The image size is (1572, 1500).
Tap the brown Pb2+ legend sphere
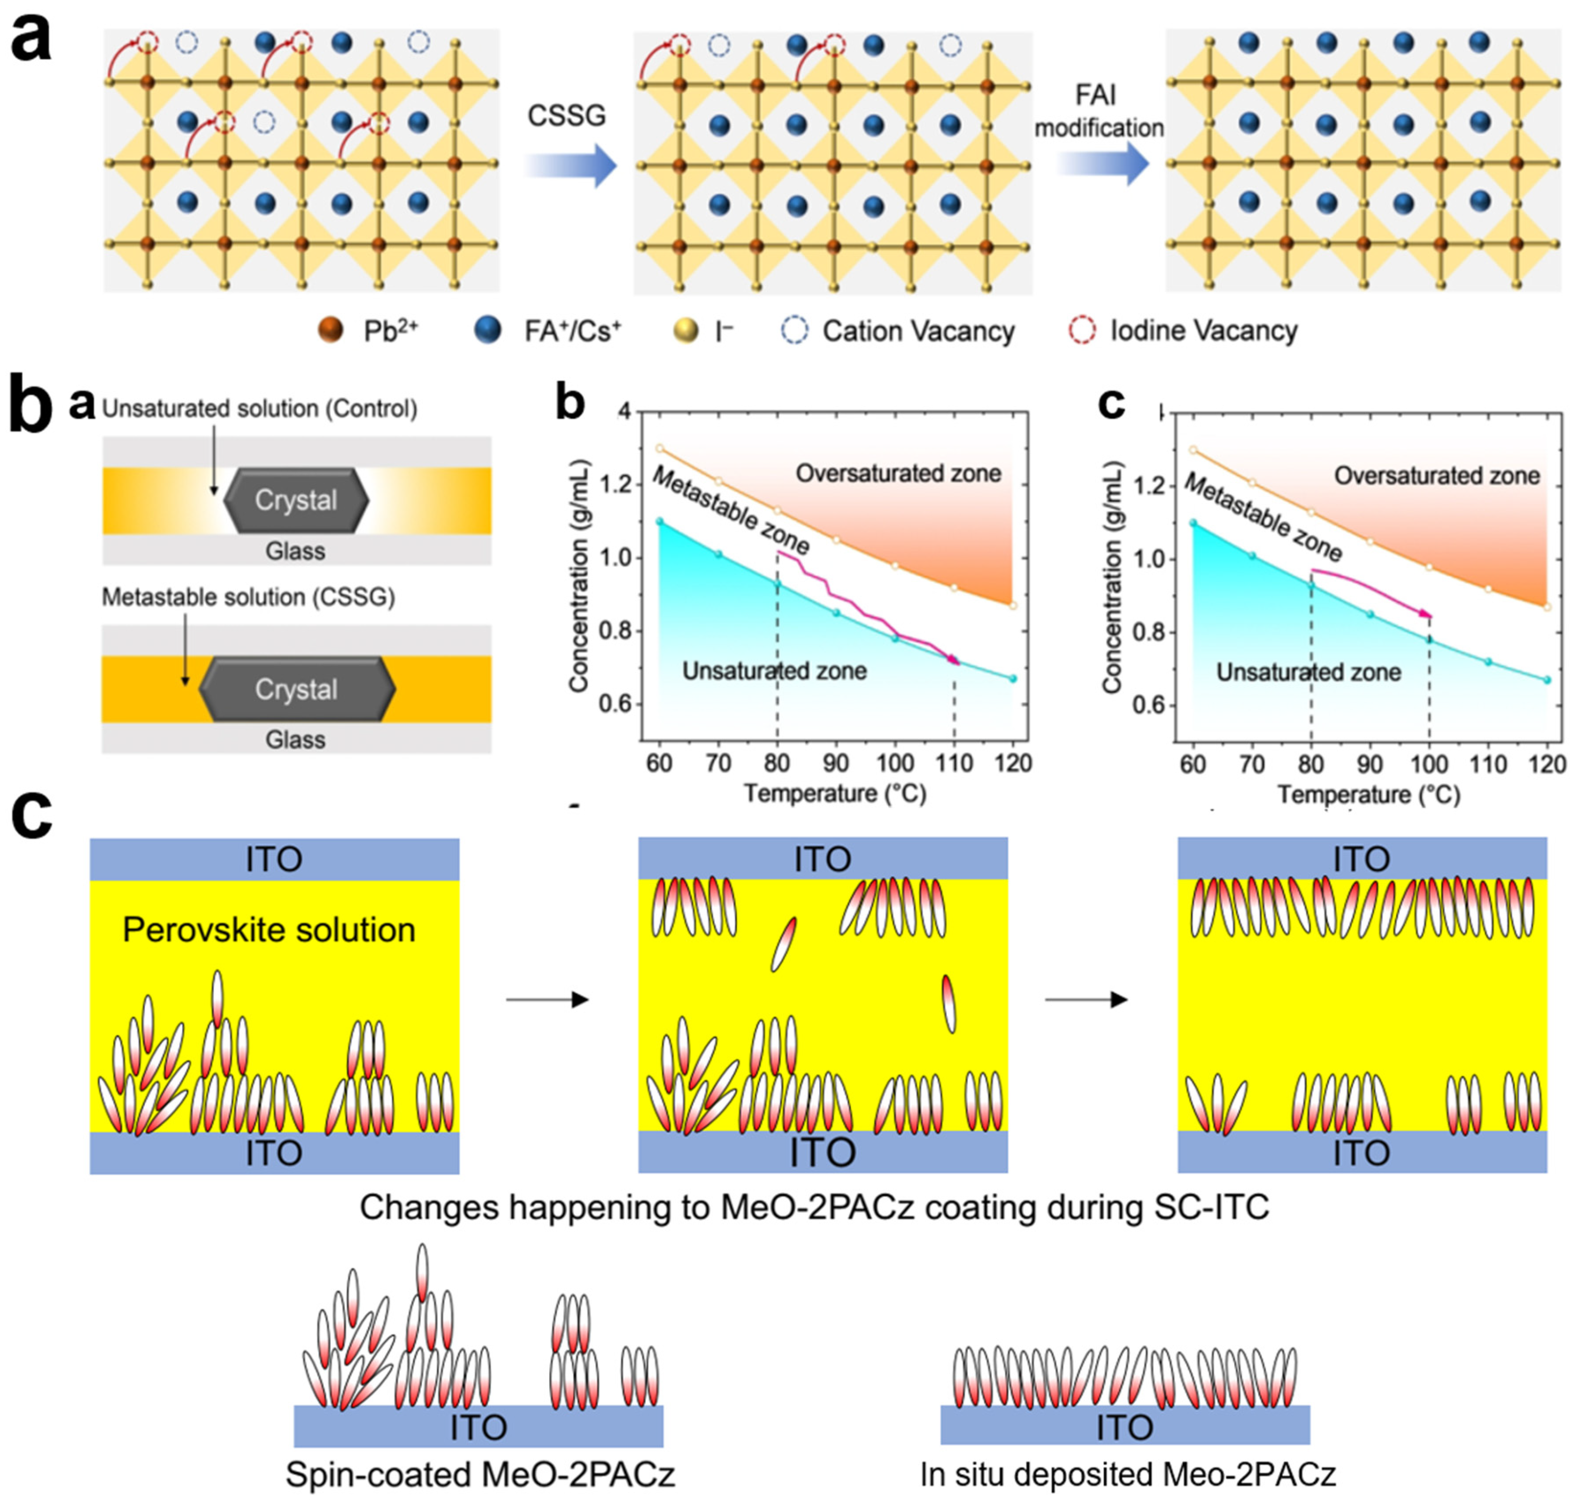click(x=330, y=330)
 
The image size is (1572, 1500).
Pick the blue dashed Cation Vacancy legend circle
click(x=794, y=330)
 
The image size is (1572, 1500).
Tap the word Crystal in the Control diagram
click(x=296, y=500)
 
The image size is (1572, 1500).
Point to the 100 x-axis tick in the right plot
click(x=1429, y=765)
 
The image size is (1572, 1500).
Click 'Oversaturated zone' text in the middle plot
click(x=898, y=474)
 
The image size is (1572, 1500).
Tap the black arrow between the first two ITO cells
click(x=548, y=1000)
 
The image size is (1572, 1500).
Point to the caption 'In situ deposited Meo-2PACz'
click(x=1128, y=1474)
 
